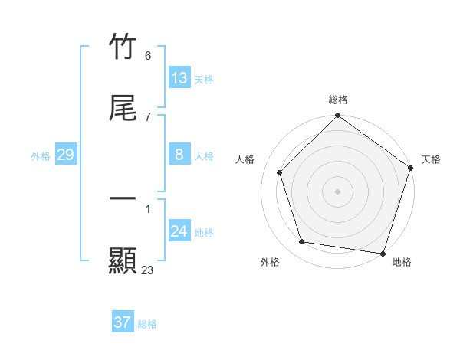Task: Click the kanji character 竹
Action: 123,46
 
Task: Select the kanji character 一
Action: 123,198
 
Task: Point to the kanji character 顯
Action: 123,260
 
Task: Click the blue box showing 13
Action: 179,78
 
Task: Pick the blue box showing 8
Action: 179,155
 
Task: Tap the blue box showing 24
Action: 179,231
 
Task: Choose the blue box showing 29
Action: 66,155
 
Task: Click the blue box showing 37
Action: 122,322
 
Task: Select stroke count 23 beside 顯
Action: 148,270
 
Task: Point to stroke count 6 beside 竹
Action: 148,56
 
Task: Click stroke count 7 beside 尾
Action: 148,117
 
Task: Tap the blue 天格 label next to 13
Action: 204,80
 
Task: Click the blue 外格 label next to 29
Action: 41,156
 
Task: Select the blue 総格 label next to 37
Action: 147,324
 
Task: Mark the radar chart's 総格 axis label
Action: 338,100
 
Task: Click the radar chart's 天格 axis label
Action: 431,159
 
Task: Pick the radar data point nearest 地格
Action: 383,253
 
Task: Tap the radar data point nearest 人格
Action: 280,172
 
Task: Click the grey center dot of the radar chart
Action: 338,191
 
